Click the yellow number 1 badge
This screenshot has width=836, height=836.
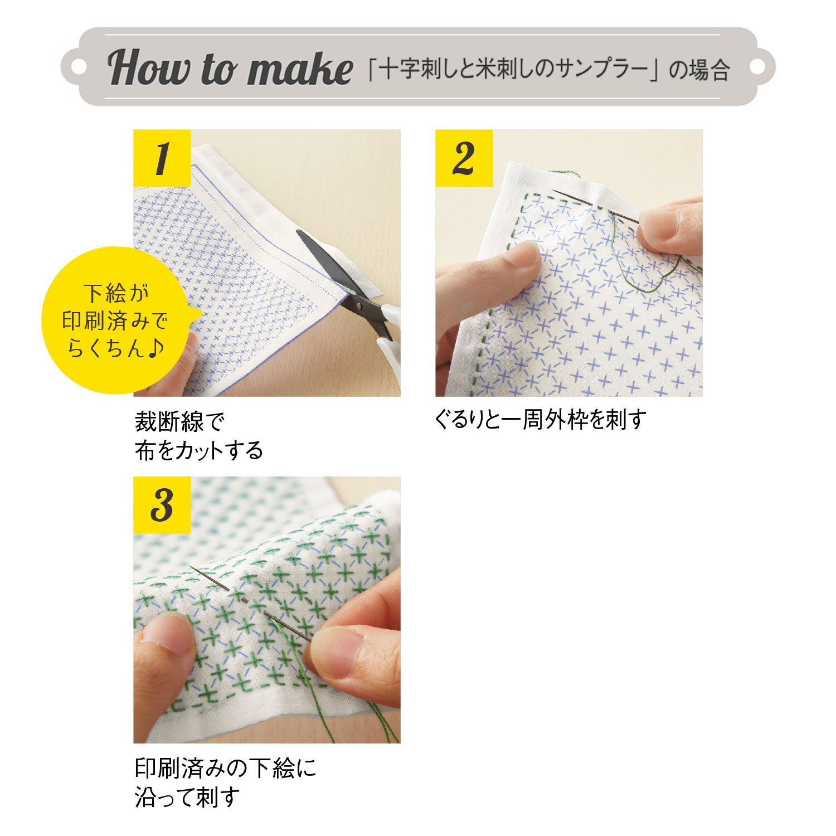pos(162,158)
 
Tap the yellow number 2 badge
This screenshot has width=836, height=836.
pos(464,158)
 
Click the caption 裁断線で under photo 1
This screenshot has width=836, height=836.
pos(179,422)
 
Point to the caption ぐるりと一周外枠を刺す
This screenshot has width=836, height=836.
pos(540,419)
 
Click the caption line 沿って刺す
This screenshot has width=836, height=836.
pos(187,797)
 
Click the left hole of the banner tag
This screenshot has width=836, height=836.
pos(80,67)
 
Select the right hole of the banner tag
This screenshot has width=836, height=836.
pos(757,67)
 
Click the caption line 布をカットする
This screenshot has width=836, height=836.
pos(198,450)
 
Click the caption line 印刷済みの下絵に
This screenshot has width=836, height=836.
pos(225,768)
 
